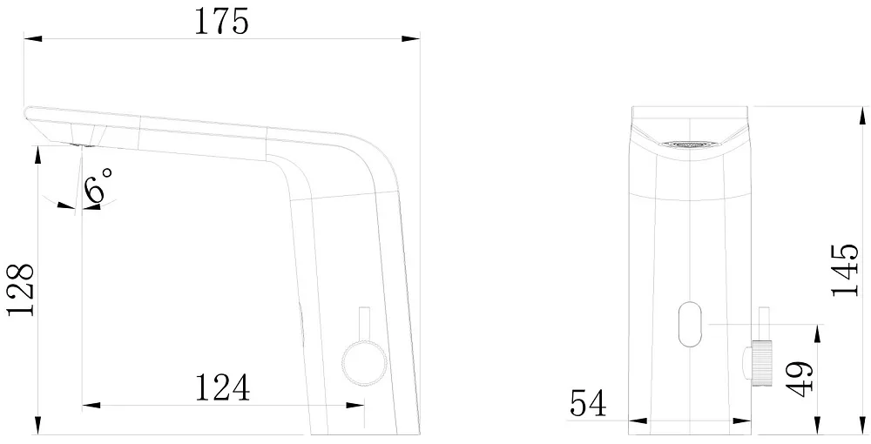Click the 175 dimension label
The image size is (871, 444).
click(x=221, y=23)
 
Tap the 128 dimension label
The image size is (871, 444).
click(x=21, y=290)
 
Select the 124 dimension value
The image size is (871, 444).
click(x=222, y=387)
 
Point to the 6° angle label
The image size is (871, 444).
click(x=99, y=185)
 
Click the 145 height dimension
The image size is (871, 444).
click(x=845, y=270)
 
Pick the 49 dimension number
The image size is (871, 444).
click(x=800, y=379)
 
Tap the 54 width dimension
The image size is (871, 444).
click(x=588, y=403)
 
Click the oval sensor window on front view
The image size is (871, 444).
click(x=690, y=324)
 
